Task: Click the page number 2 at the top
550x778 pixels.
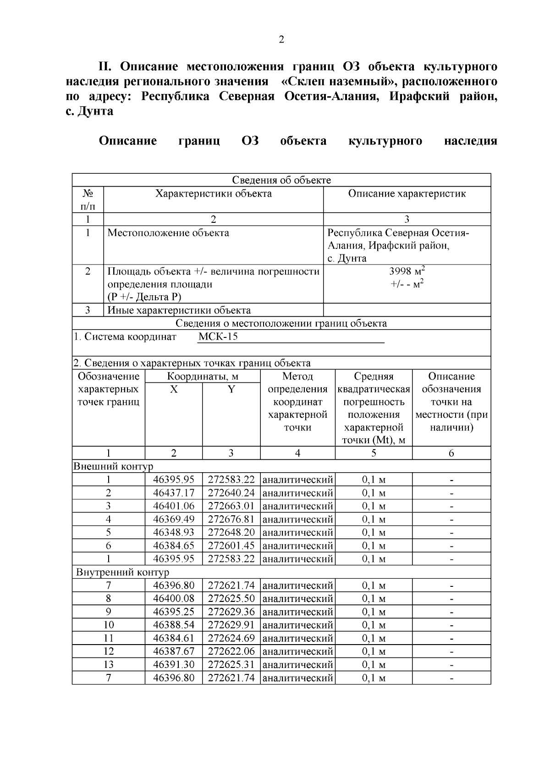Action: (281, 39)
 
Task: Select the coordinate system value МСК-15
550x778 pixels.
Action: (218, 337)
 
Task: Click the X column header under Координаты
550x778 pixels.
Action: (174, 389)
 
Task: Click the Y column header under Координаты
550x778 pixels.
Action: (231, 389)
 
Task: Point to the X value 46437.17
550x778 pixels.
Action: (174, 493)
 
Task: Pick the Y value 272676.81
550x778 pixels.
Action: (231, 519)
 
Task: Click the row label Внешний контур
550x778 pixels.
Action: (113, 467)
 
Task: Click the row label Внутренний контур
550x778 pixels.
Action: (122, 572)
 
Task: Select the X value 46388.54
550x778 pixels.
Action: (174, 625)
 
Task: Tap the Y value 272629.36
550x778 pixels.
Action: (231, 612)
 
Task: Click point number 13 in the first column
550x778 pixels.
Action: (109, 664)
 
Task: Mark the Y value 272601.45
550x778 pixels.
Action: (231, 546)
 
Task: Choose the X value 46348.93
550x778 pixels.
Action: (174, 532)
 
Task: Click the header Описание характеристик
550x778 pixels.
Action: (407, 193)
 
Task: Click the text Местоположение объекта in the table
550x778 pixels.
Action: (168, 233)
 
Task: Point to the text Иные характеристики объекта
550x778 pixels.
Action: (179, 310)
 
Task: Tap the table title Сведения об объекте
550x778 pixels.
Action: (281, 180)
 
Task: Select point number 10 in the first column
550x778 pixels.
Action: (109, 625)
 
